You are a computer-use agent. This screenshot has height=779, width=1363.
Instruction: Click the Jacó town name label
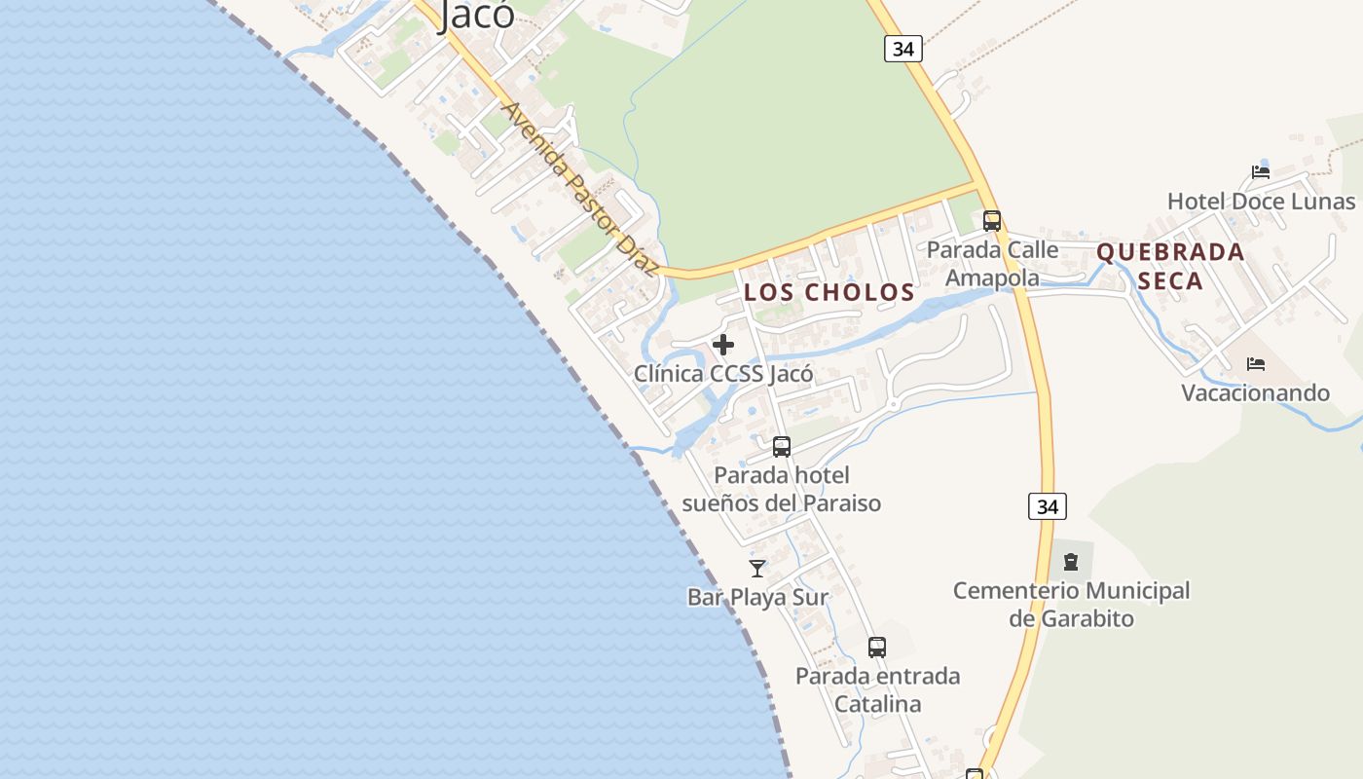point(476,14)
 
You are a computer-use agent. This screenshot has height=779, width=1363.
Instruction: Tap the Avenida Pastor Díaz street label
point(580,189)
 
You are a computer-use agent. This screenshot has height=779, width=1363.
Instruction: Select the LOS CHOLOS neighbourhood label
point(829,292)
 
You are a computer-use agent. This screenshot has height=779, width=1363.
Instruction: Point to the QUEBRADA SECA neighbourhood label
point(1170,266)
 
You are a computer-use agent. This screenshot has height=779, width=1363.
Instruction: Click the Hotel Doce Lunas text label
point(1261,202)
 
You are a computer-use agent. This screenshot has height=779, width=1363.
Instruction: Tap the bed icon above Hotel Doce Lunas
point(1261,172)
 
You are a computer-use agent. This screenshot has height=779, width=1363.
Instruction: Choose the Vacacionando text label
point(1255,392)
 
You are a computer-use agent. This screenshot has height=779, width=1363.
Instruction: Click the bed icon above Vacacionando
point(1256,364)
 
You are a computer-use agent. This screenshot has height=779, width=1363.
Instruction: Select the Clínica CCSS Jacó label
point(723,373)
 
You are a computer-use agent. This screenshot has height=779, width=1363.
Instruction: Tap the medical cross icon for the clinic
point(723,345)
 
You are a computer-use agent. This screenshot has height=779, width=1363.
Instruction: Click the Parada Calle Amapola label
point(992,264)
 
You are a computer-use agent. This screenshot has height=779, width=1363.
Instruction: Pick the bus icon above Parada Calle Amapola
point(992,221)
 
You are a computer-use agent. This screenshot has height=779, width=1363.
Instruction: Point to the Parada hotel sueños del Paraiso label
point(782,489)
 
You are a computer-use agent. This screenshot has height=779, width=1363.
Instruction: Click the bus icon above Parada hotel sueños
point(782,447)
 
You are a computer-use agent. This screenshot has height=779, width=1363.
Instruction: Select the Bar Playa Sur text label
point(757,597)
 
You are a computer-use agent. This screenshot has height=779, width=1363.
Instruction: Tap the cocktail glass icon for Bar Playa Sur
point(757,569)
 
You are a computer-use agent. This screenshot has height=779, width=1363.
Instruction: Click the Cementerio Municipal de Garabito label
point(1071,604)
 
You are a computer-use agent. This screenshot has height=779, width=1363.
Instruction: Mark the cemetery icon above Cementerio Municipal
point(1071,562)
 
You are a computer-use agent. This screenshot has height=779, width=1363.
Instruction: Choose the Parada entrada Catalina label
point(877,689)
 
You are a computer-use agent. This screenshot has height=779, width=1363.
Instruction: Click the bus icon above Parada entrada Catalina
point(877,648)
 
